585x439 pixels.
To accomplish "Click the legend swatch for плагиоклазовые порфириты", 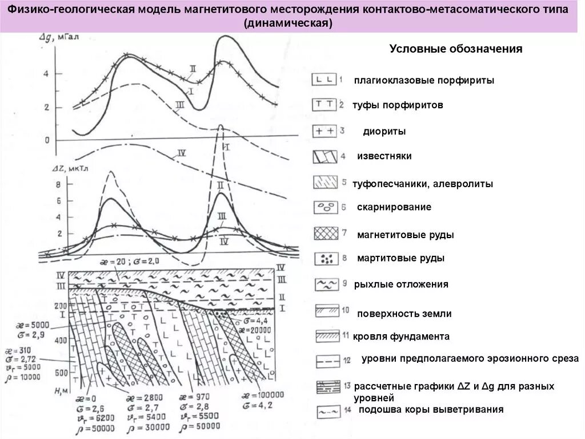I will coord(323,80).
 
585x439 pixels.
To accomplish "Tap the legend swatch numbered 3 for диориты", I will coord(323,131).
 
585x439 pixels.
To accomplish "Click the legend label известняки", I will coord(384,156).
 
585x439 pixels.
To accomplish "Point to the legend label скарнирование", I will coord(394,207).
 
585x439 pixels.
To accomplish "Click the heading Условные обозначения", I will coord(456,49).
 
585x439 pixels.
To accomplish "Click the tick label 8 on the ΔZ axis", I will coord(58,185).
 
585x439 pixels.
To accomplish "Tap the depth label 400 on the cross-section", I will coord(60,341).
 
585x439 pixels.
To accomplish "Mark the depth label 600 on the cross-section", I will coord(60,373).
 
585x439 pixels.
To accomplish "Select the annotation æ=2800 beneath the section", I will coord(147,397).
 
